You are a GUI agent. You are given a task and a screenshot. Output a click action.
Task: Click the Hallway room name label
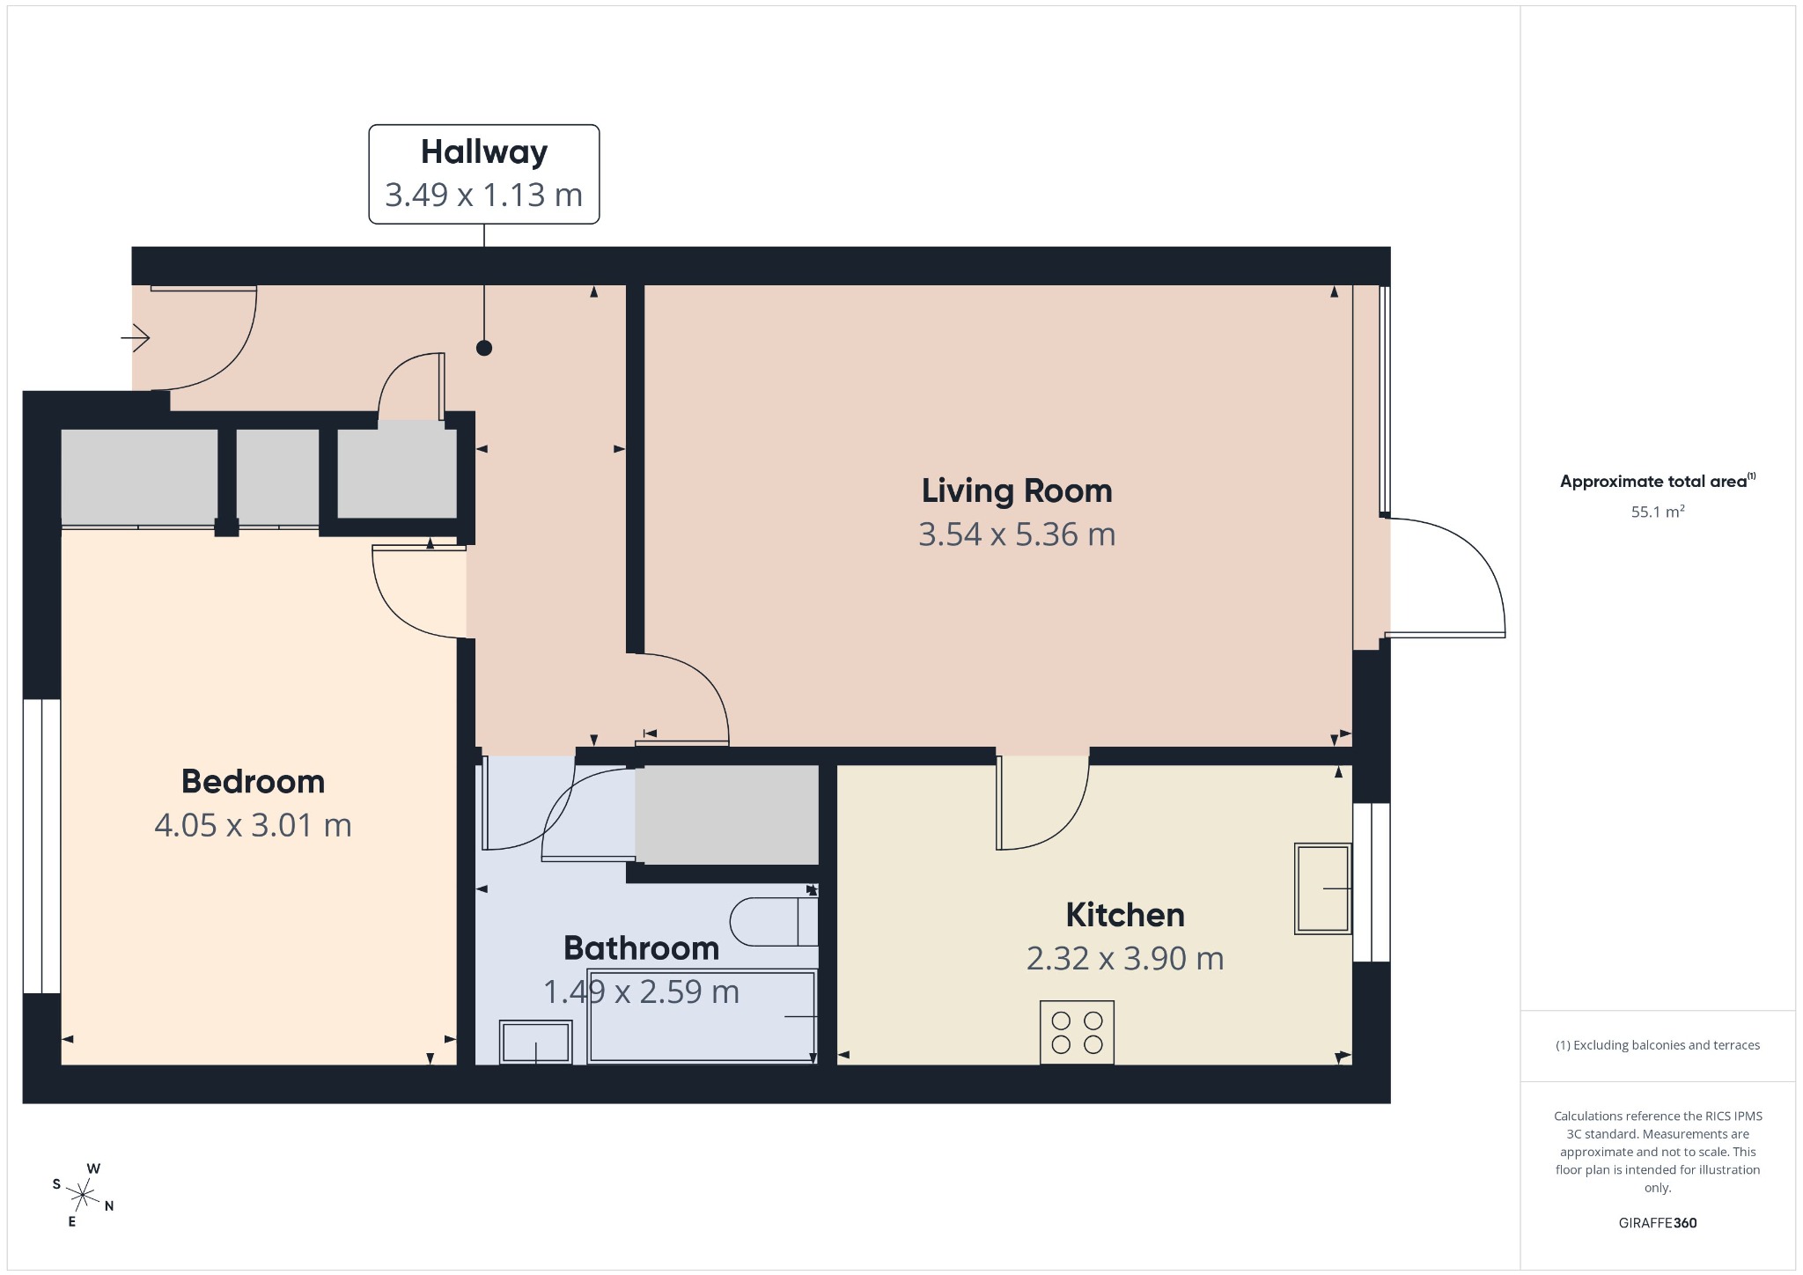[484, 152]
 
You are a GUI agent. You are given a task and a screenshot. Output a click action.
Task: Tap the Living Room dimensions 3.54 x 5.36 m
[1017, 534]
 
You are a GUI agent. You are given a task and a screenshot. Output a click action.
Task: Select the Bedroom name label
[254, 782]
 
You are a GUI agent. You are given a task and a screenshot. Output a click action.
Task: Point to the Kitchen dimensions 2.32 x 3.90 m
[1125, 958]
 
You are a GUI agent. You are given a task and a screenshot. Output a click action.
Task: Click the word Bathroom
[642, 948]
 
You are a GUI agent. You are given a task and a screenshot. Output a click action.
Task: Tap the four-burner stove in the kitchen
[1077, 1032]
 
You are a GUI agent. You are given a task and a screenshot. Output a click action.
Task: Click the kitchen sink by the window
[1322, 888]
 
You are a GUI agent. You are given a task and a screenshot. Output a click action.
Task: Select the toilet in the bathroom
[774, 921]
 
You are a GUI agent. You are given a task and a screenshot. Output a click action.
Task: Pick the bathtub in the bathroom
[702, 1016]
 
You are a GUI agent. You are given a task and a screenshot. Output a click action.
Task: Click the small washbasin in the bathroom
[535, 1042]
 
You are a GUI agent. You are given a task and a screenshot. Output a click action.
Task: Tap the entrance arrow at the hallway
[136, 337]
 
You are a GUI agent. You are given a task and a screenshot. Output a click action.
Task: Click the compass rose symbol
[84, 1195]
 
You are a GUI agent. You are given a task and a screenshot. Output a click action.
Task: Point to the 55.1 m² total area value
[1658, 512]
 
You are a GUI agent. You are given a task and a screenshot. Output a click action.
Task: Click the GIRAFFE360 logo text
[1658, 1222]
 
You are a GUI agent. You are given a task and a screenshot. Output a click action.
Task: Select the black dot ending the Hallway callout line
[484, 348]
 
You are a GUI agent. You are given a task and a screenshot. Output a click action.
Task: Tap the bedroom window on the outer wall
[41, 846]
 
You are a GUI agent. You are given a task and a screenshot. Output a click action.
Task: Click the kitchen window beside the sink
[1372, 882]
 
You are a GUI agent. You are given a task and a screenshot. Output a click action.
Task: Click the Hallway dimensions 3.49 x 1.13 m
[484, 195]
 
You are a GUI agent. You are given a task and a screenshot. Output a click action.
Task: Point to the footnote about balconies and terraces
[1658, 1045]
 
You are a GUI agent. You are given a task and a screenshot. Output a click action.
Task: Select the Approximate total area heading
[1658, 481]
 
